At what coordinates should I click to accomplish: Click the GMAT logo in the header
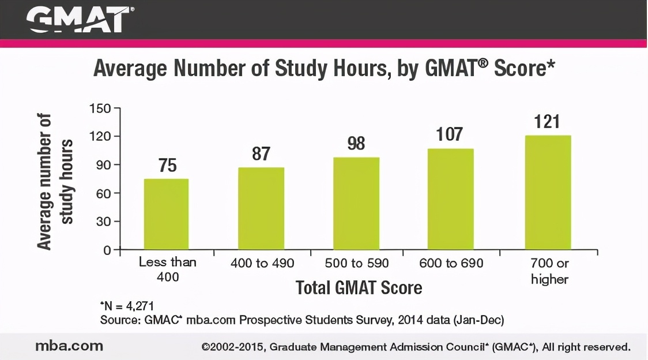[80, 20]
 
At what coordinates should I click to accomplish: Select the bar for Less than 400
[166, 214]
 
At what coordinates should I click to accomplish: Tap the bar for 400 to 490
[261, 208]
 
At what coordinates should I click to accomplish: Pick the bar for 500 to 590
[356, 204]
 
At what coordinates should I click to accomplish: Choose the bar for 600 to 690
[450, 199]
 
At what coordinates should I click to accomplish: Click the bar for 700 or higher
[548, 193]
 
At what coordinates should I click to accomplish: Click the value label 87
[261, 154]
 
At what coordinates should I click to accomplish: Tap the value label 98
[356, 144]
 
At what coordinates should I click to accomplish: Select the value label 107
[450, 134]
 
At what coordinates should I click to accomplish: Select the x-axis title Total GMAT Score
[359, 288]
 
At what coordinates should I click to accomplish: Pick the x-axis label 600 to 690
[451, 264]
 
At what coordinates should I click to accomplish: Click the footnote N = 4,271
[127, 306]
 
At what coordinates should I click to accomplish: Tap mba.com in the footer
[69, 346]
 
